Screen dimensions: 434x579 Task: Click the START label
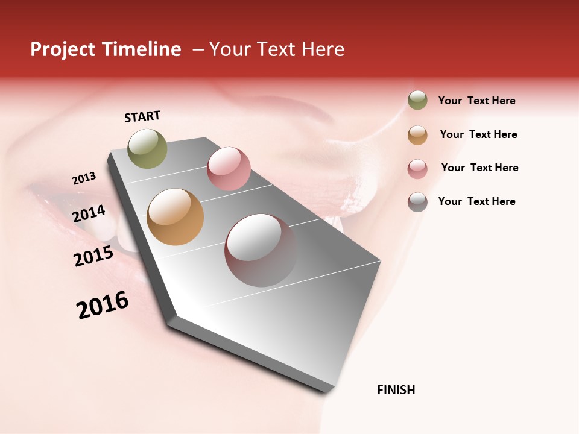142,116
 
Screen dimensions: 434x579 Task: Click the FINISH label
396,390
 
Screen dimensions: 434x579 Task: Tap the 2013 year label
84,178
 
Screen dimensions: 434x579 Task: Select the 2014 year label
89,213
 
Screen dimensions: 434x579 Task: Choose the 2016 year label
103,306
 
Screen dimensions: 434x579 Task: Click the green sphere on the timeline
147,148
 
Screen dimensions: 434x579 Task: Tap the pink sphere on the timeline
229,169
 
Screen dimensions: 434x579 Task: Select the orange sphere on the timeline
175,217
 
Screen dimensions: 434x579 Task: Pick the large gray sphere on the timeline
261,250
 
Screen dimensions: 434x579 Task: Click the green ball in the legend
417,101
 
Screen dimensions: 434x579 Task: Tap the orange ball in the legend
417,135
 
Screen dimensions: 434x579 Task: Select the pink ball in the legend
417,169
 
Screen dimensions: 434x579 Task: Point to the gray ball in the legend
417,202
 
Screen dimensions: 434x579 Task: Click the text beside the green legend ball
476,101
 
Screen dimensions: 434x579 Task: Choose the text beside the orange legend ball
478,134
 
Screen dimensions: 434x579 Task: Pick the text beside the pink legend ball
479,168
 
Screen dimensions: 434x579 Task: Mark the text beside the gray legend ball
476,201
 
